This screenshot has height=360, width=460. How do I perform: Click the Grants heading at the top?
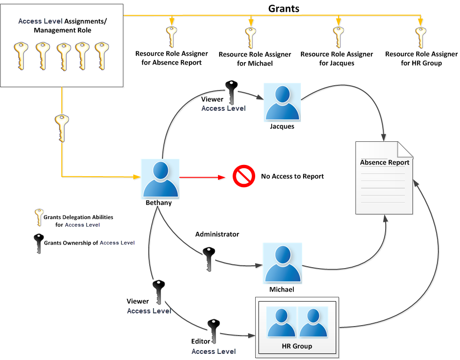(283, 8)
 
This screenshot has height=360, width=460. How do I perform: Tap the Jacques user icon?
(282, 102)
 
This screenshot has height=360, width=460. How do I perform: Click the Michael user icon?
(282, 262)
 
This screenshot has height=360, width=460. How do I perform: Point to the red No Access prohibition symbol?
(243, 177)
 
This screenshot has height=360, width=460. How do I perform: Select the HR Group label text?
(297, 346)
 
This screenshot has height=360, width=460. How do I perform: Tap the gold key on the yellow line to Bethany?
(61, 128)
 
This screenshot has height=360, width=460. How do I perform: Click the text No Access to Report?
(292, 176)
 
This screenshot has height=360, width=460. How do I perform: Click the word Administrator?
(217, 234)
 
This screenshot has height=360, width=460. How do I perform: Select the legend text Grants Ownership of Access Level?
(89, 243)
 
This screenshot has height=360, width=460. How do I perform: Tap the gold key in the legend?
(38, 218)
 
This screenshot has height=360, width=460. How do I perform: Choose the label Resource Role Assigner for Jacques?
(336, 58)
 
